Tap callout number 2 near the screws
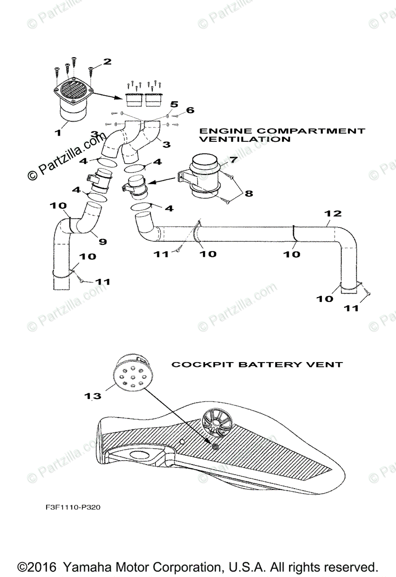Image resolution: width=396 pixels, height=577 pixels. [107, 62]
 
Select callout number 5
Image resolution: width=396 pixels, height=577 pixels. [174, 104]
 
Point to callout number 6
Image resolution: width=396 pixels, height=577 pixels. [190, 110]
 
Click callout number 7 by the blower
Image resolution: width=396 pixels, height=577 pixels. [233, 159]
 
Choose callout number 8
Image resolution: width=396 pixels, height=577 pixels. [248, 194]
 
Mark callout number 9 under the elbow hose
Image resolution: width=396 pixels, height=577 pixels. [102, 241]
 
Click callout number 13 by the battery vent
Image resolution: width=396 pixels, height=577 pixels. [93, 396]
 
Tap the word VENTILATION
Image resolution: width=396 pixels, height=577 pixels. [245, 139]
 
